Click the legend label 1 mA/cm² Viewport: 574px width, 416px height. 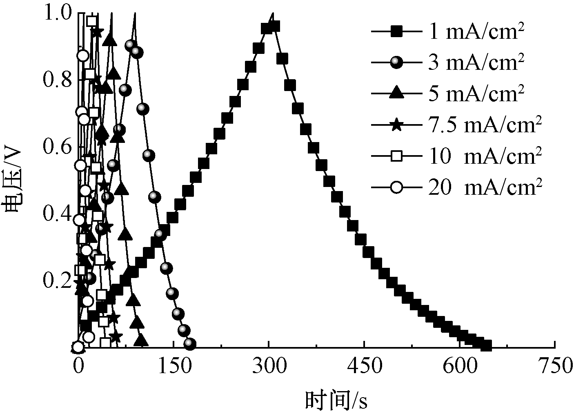tap(476, 31)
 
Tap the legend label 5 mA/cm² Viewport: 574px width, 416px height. tap(476, 93)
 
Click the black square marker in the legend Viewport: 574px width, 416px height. tap(396, 32)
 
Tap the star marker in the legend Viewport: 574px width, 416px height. tap(396, 125)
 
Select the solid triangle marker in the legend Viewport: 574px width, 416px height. tap(396, 94)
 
